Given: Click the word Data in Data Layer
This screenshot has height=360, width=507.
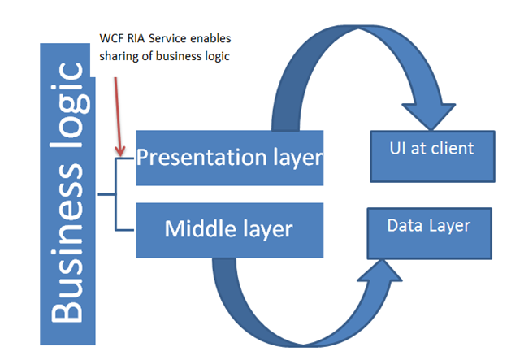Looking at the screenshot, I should click(402, 225).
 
